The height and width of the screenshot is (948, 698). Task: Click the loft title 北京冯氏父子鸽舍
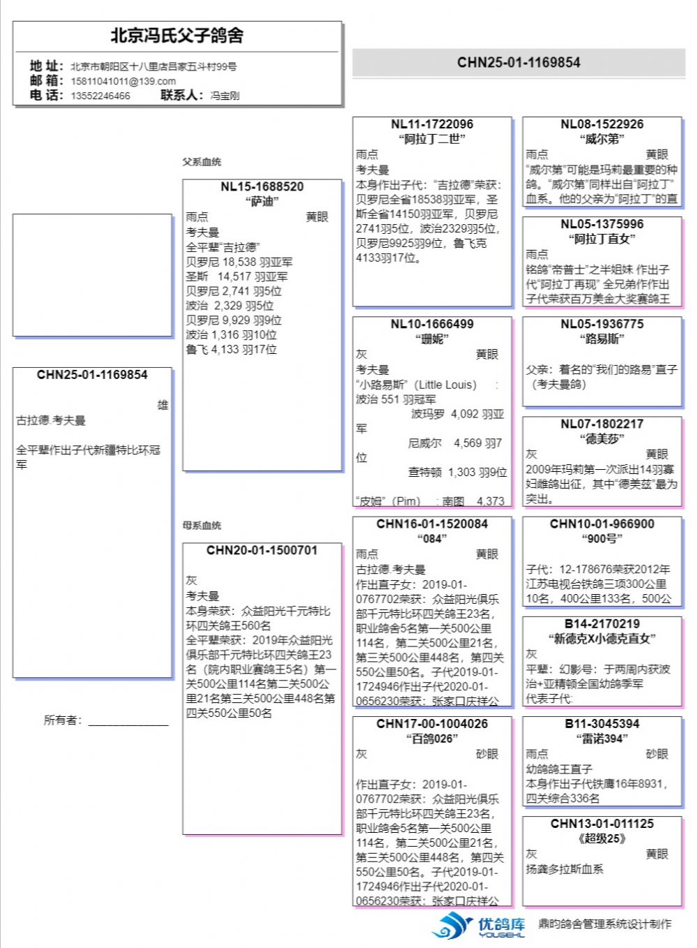click(x=177, y=36)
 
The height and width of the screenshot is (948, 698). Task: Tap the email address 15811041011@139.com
click(x=123, y=81)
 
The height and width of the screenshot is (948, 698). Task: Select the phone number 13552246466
click(x=100, y=96)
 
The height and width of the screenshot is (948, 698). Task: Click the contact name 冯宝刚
click(x=225, y=96)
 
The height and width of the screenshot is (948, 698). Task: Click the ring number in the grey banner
click(x=519, y=63)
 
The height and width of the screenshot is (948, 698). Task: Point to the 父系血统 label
click(x=202, y=162)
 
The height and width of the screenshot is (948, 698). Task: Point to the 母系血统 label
click(x=202, y=525)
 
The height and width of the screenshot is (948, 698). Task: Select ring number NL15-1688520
click(x=262, y=187)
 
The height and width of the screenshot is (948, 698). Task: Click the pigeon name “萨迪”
click(x=262, y=202)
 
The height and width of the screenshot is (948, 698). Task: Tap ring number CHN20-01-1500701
click(x=262, y=551)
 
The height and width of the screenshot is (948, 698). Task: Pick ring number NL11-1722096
click(x=432, y=124)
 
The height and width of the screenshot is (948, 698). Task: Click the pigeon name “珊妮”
click(x=432, y=339)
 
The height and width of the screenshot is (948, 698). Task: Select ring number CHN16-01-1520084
click(x=432, y=524)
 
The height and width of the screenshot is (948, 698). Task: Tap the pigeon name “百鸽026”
click(x=432, y=739)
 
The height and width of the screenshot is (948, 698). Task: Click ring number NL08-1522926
click(x=602, y=124)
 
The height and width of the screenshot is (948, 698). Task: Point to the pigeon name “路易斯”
click(x=602, y=339)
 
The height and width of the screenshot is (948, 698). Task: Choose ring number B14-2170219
click(x=602, y=624)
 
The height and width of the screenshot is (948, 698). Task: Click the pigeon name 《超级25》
click(x=602, y=838)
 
